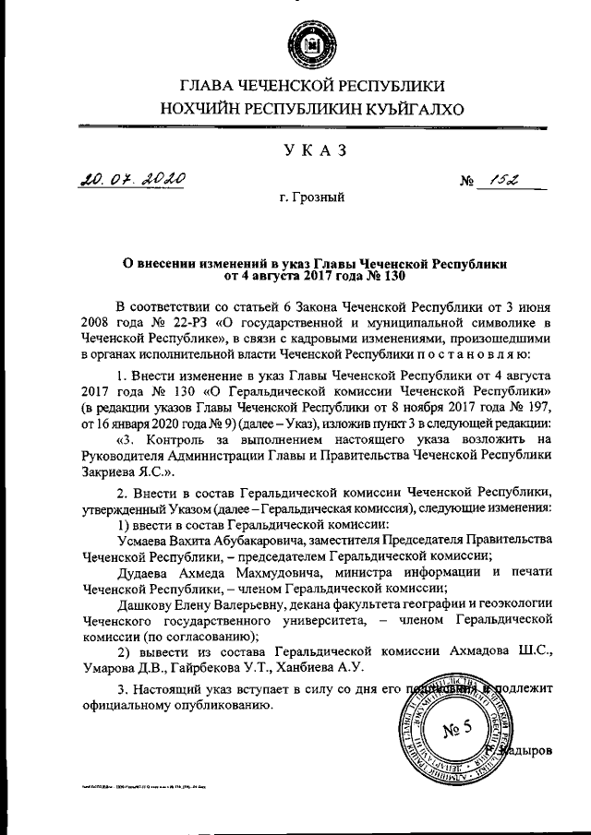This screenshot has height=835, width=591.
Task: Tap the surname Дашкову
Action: pyautogui.click(x=149, y=604)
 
